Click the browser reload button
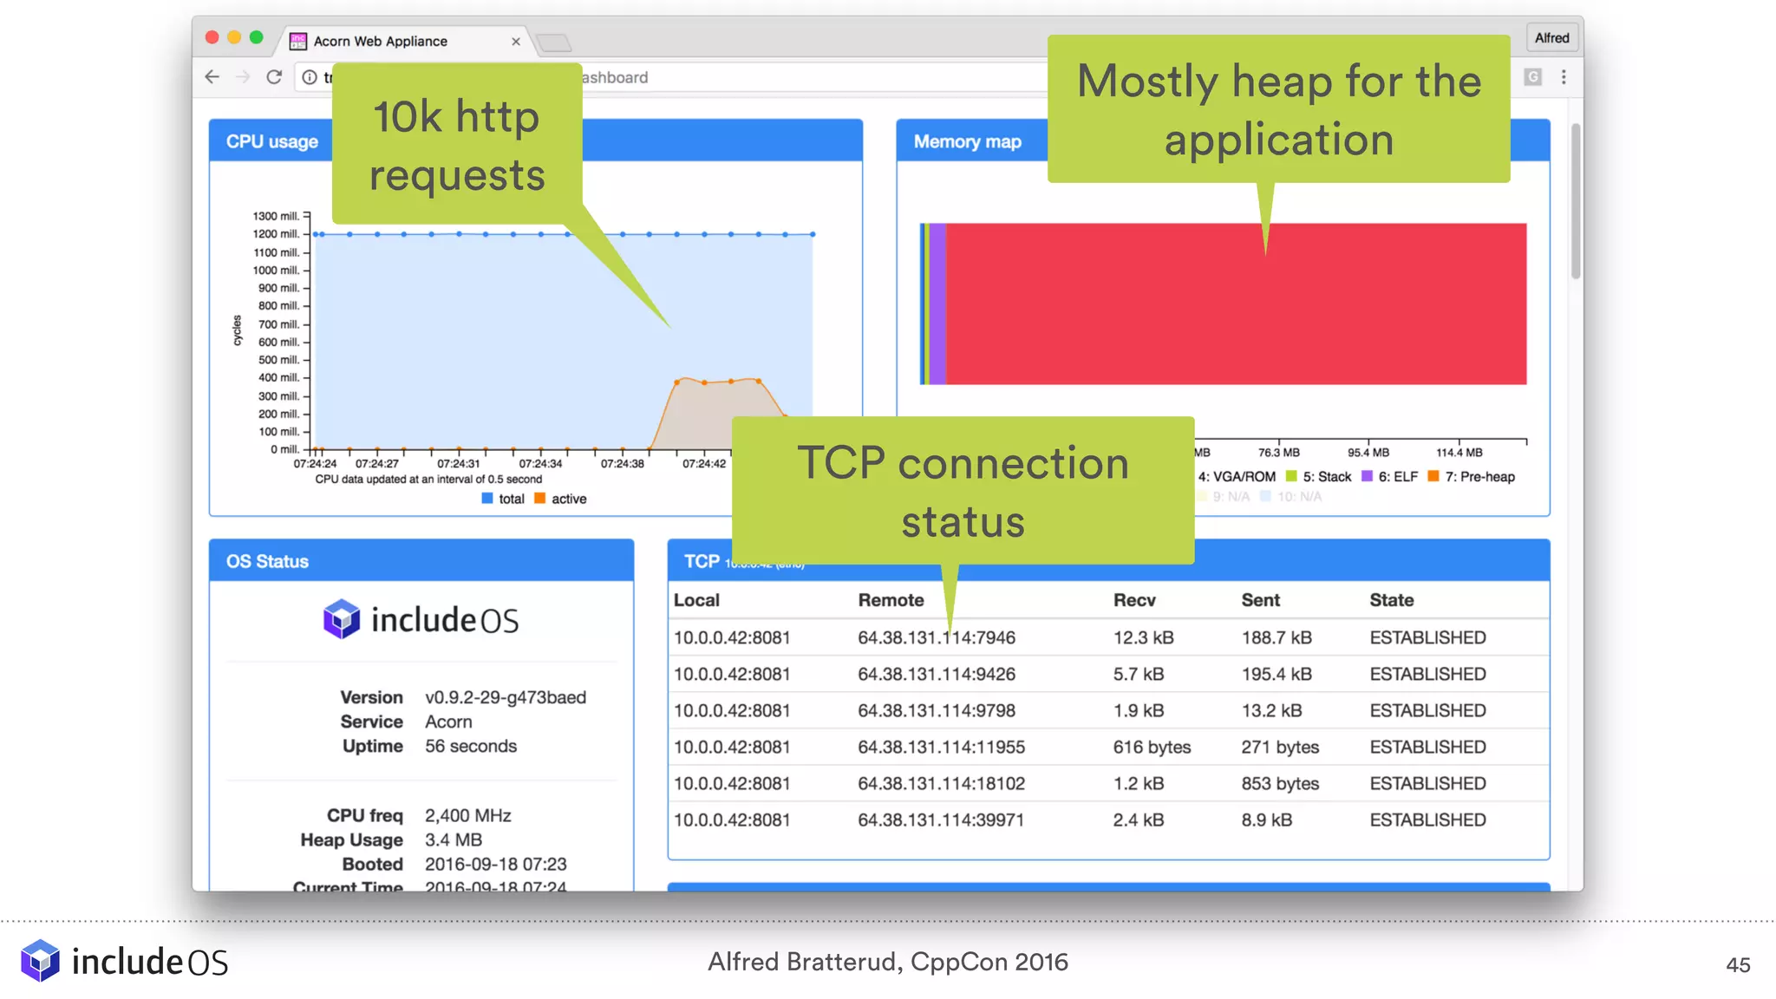[x=274, y=77]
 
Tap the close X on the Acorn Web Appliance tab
[x=516, y=42]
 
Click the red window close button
[x=212, y=37]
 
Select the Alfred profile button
[x=1551, y=38]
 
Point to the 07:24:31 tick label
[x=458, y=464]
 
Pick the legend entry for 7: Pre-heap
[x=1472, y=477]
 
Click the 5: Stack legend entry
[x=1319, y=477]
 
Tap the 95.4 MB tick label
[x=1368, y=453]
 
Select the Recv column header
[x=1134, y=600]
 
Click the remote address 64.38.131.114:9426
[x=937, y=674]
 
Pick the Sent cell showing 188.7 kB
[x=1276, y=637]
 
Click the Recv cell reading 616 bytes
[x=1152, y=747]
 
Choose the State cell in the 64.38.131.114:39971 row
[x=1427, y=819]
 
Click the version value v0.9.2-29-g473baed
[x=506, y=697]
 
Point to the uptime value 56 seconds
[x=471, y=746]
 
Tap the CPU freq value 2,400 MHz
[x=468, y=815]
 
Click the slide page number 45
[x=1738, y=964]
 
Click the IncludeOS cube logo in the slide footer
[x=41, y=961]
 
